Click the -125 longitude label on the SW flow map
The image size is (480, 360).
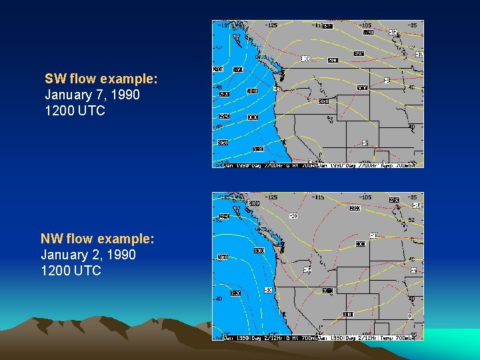pyautogui.click(x=271, y=25)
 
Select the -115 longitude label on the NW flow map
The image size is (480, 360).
pyautogui.click(x=320, y=197)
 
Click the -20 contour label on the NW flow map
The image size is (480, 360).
pyautogui.click(x=293, y=215)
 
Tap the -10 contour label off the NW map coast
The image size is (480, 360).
pyautogui.click(x=267, y=291)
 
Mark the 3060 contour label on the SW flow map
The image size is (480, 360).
pyautogui.click(x=323, y=102)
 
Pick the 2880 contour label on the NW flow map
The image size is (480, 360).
pyautogui.click(x=253, y=203)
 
